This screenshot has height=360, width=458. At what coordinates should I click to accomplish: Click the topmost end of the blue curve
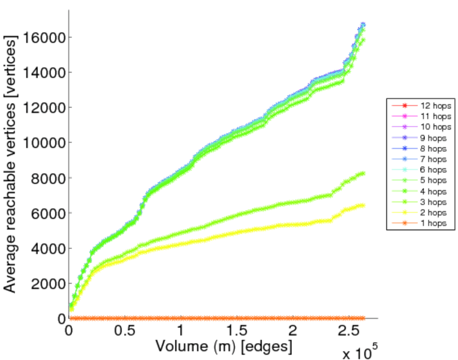(363, 25)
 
